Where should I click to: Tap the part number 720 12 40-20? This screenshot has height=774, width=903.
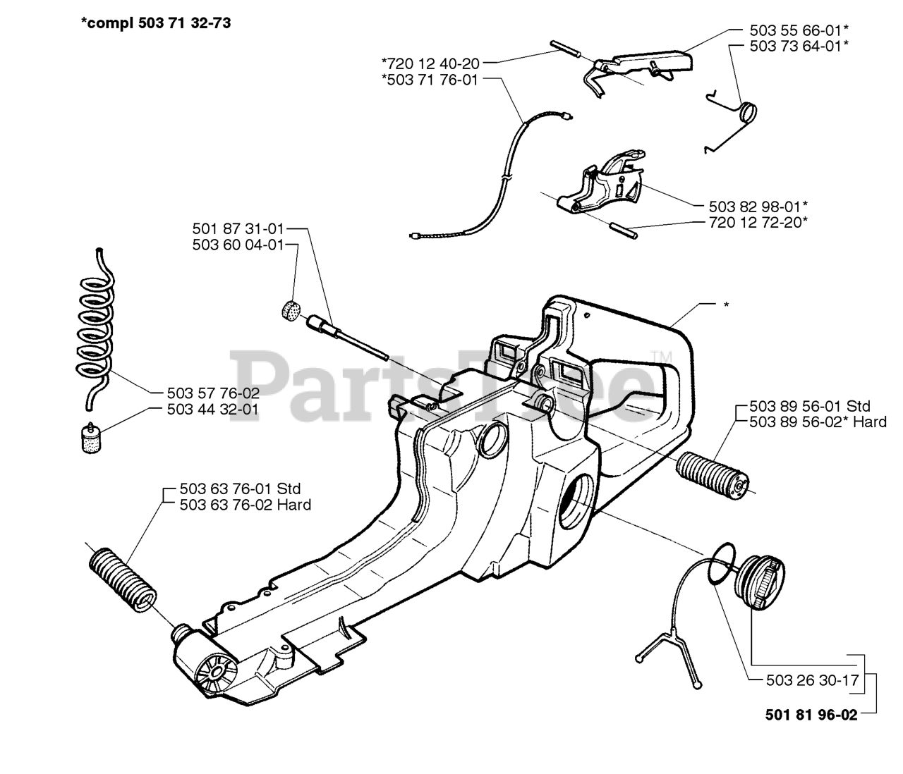pyautogui.click(x=430, y=63)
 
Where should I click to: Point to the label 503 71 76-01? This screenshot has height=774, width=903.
pyautogui.click(x=430, y=80)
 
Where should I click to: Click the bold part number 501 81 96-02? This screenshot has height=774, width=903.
pyautogui.click(x=811, y=715)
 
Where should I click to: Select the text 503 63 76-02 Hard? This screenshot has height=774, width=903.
pyautogui.click(x=245, y=505)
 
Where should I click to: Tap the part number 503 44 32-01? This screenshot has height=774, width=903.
pyautogui.click(x=213, y=409)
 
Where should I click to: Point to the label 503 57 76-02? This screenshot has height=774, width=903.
pyautogui.click(x=213, y=393)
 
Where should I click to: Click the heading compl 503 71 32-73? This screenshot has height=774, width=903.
pyautogui.click(x=156, y=23)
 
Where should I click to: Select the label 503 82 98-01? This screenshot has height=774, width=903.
pyautogui.click(x=758, y=206)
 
